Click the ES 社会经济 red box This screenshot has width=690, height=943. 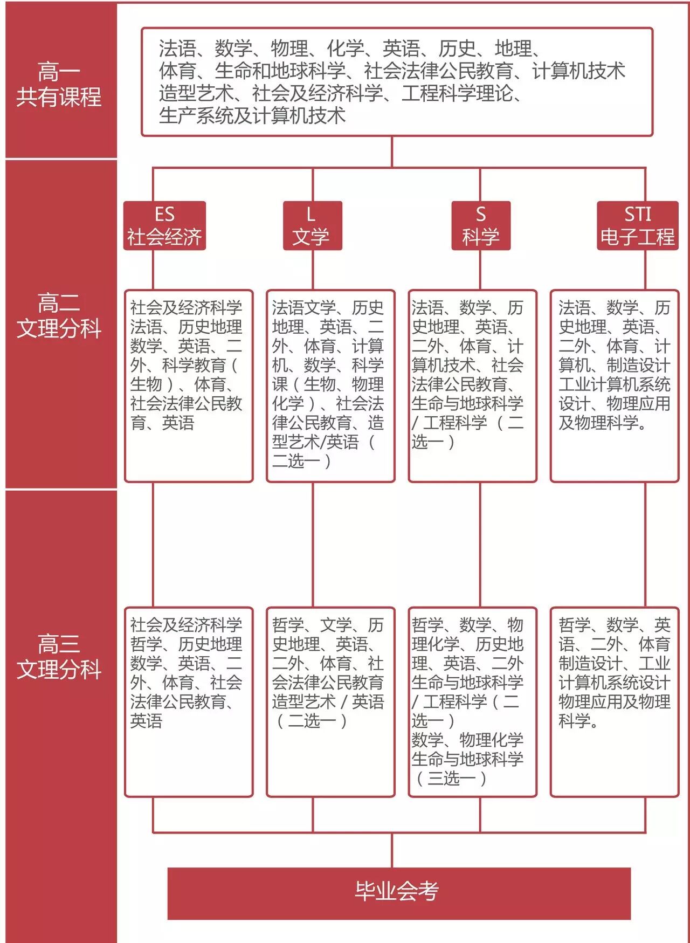(164, 225)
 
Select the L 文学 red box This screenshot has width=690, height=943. (312, 225)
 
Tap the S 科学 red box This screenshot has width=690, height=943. (480, 225)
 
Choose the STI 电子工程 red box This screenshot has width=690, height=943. (637, 225)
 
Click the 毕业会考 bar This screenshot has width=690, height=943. (398, 893)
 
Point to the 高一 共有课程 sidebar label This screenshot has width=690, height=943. (59, 84)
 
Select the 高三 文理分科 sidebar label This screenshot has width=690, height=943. (59, 656)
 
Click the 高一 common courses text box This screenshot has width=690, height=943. (397, 82)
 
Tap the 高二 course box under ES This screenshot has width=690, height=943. (189, 386)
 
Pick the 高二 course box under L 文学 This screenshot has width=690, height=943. (330, 386)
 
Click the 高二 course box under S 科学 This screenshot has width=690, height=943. (472, 386)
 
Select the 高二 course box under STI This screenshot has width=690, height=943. (614, 386)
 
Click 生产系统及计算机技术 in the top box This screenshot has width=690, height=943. (252, 115)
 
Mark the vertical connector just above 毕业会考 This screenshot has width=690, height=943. (392, 850)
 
